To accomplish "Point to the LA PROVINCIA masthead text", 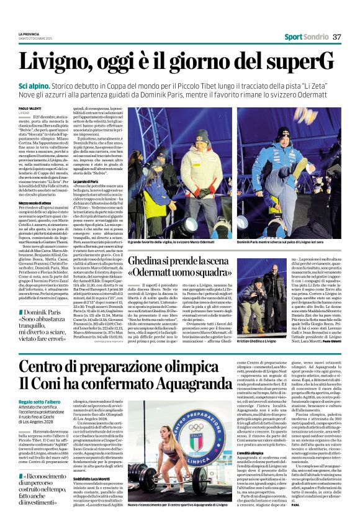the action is [x=30, y=33].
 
